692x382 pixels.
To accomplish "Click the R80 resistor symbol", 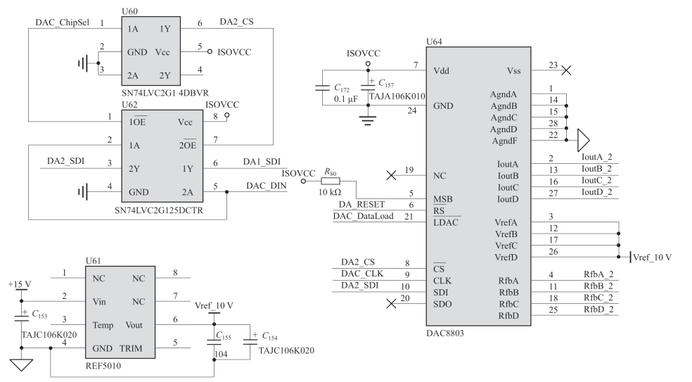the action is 330,181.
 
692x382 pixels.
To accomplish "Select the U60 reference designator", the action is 129,11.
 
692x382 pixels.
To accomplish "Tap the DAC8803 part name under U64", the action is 445,333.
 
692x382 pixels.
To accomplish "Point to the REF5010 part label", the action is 103,366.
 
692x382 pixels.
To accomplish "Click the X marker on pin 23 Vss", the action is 566,70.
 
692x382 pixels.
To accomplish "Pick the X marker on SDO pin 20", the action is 391,303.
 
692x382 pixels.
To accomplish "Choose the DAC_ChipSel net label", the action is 62,23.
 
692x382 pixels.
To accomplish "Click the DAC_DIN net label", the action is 266,186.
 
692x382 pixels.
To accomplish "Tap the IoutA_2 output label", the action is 596,157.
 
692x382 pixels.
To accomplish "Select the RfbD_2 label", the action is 598,309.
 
